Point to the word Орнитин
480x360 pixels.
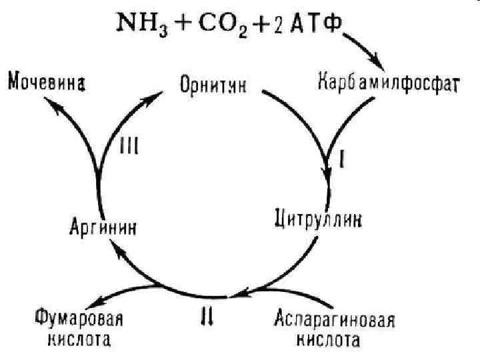click(213, 86)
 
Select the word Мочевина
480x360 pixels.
click(47, 84)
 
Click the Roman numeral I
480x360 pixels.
click(341, 161)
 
